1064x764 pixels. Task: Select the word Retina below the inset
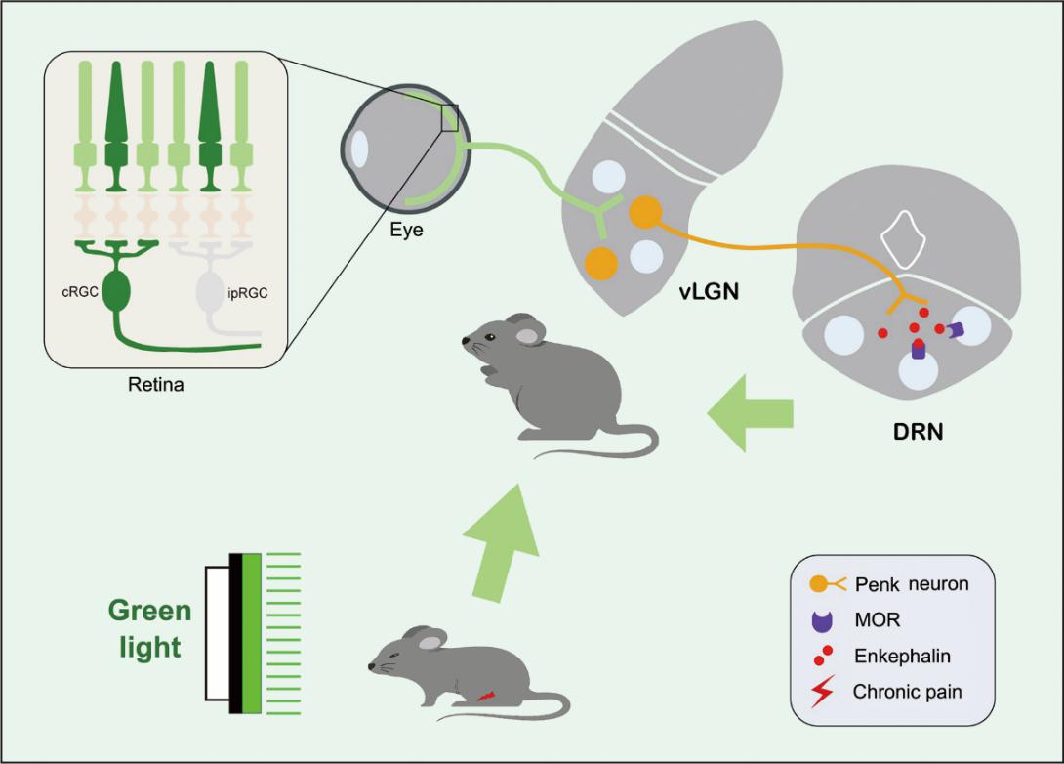[156, 384]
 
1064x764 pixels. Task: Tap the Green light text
[149, 630]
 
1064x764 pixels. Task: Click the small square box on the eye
[449, 117]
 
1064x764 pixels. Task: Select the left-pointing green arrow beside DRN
[749, 416]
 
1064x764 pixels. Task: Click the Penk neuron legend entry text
[909, 584]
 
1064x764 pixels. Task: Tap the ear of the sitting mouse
[529, 336]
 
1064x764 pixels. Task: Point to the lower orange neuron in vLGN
[601, 262]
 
